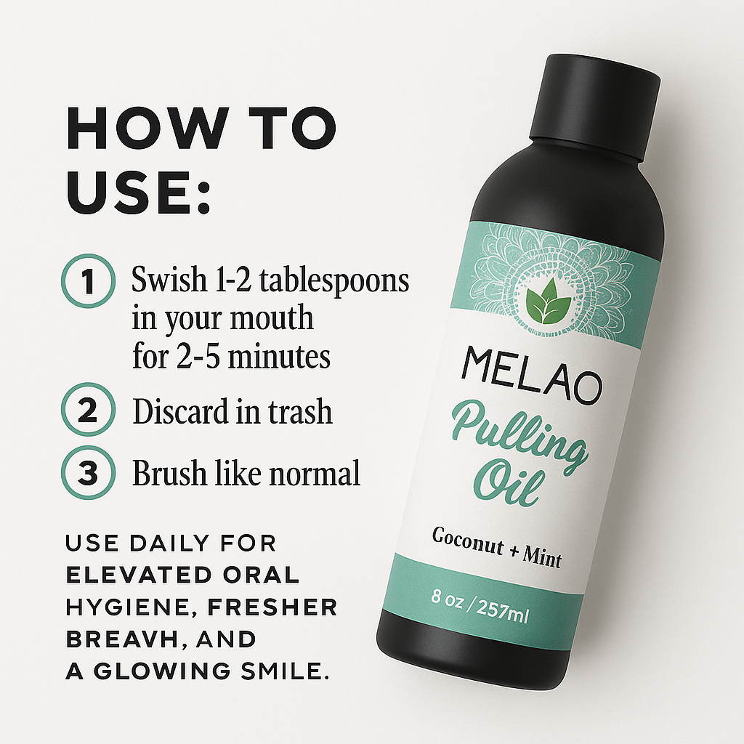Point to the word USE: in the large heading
(138, 193)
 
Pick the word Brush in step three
(169, 472)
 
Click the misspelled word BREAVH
(120, 639)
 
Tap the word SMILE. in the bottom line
(286, 671)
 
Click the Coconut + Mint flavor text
(497, 548)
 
